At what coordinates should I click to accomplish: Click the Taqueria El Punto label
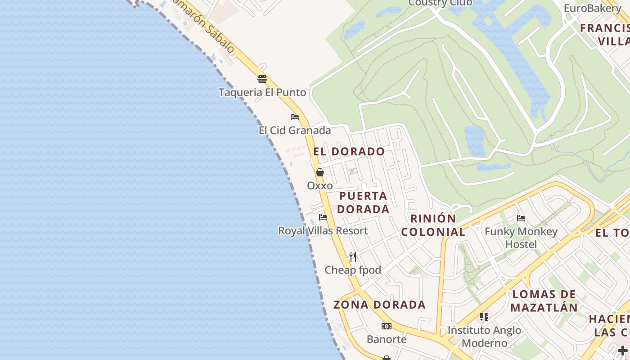[262, 92]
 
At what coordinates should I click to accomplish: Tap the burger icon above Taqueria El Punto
[262, 79]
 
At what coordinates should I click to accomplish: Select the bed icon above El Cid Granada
[295, 117]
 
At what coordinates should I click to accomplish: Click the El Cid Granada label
[294, 130]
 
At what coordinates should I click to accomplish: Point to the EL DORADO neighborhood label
[349, 151]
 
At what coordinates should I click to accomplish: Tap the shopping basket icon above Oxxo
[320, 172]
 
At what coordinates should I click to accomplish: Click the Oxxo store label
[320, 185]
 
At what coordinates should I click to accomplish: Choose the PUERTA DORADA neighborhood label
[363, 202]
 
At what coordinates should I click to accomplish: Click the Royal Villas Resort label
[323, 230]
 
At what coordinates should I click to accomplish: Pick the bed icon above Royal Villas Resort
[323, 217]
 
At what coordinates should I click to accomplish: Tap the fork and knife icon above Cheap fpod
[353, 257]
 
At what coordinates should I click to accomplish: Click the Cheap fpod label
[353, 270]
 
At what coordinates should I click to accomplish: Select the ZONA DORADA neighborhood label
[379, 305]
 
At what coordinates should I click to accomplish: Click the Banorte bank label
[386, 339]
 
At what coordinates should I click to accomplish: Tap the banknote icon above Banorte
[386, 326]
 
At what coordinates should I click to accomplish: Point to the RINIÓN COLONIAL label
[433, 225]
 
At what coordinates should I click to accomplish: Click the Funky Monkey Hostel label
[521, 238]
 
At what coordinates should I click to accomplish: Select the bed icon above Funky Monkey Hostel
[521, 218]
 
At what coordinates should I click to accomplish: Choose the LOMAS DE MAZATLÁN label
[544, 301]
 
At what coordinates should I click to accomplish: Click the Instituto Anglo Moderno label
[484, 336]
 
